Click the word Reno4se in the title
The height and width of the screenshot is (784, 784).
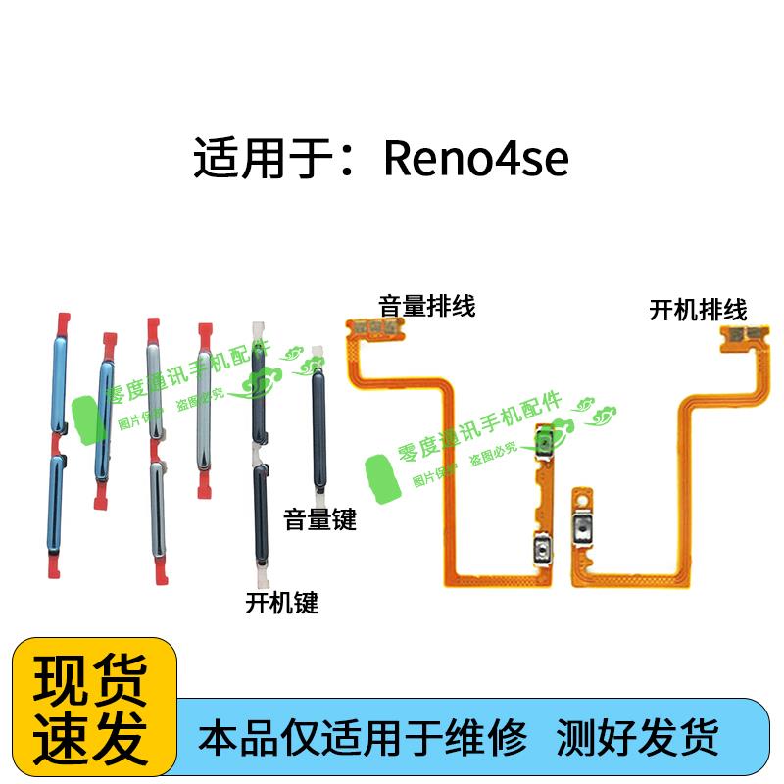point(475,159)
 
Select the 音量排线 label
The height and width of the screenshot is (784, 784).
point(427,306)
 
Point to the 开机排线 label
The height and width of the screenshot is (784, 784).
point(698,311)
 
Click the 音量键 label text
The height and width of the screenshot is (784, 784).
point(320,518)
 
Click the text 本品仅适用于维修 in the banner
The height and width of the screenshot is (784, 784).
point(364,734)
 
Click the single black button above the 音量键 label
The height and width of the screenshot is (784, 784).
point(317,421)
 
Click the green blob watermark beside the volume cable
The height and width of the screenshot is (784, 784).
point(385,478)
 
